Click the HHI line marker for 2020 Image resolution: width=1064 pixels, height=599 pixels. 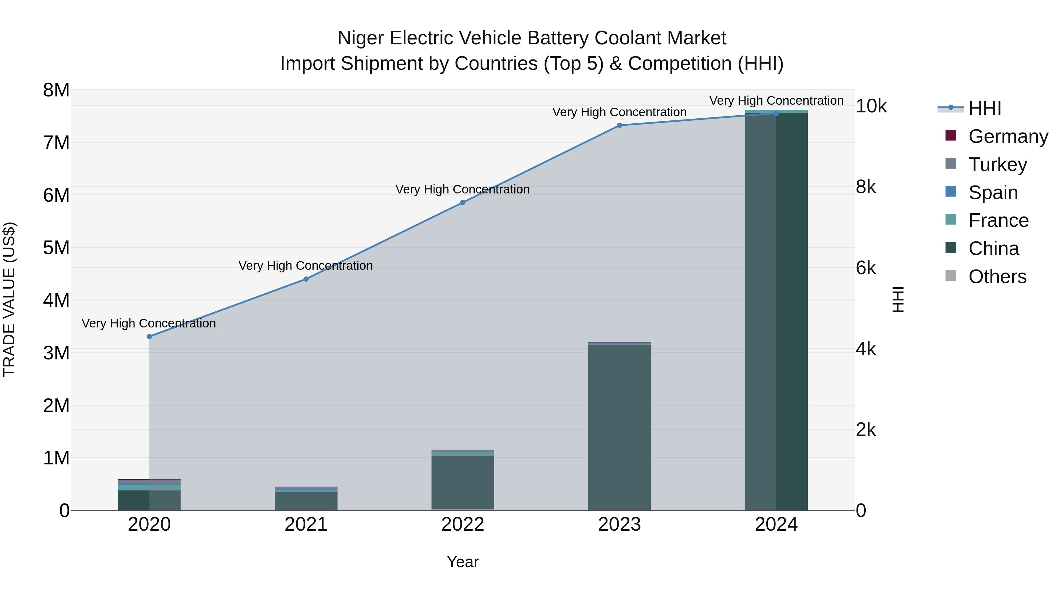[150, 337]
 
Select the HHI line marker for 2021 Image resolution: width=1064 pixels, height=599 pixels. [306, 279]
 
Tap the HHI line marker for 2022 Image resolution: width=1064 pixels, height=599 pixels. [463, 203]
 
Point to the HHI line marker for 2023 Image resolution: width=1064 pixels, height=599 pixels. [619, 125]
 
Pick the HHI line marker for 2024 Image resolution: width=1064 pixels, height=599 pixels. [776, 113]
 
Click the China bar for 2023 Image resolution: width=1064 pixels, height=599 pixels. [619, 427]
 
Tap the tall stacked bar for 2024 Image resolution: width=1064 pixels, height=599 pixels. [776, 310]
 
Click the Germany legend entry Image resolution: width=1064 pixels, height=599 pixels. [1008, 136]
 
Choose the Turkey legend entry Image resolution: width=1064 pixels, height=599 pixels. [997, 164]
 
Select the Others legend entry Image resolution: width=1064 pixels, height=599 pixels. [997, 277]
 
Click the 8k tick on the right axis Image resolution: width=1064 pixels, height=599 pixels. [866, 187]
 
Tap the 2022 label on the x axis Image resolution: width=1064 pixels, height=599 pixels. [463, 524]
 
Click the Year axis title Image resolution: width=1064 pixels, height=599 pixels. [463, 562]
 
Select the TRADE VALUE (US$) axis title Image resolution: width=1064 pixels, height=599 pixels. [9, 299]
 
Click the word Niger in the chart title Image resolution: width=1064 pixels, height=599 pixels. [361, 38]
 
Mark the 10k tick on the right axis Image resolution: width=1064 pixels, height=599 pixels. [871, 107]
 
